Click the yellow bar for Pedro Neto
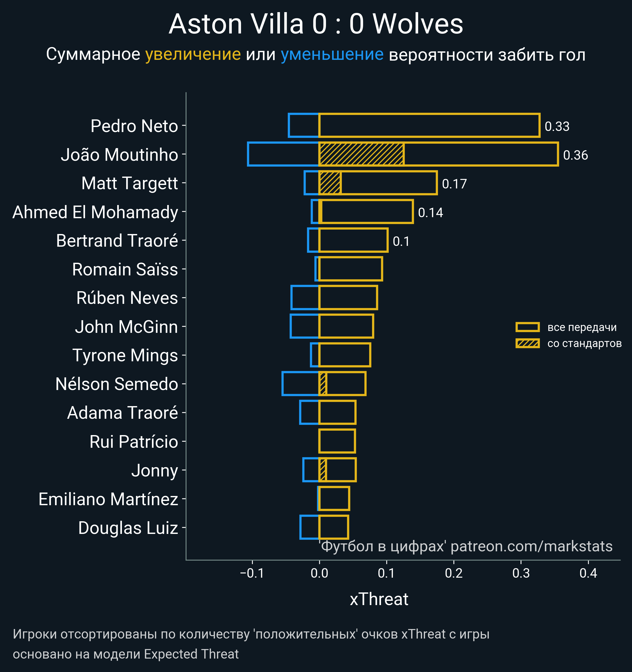click(429, 125)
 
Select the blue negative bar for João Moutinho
click(283, 154)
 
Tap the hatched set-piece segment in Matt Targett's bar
click(330, 183)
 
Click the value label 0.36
click(575, 155)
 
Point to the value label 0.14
click(430, 213)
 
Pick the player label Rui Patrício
click(134, 442)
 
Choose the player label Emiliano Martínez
click(108, 499)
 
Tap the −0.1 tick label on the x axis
click(252, 573)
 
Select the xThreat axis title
click(379, 599)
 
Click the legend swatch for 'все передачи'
click(527, 327)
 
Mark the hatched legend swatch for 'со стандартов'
click(527, 343)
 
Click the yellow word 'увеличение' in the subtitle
click(193, 55)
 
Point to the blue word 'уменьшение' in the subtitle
click(332, 55)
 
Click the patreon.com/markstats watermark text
click(531, 547)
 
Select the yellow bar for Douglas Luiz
click(333, 527)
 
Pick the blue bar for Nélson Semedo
click(300, 384)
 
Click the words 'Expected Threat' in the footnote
click(191, 654)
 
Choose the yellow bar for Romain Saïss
click(350, 269)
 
